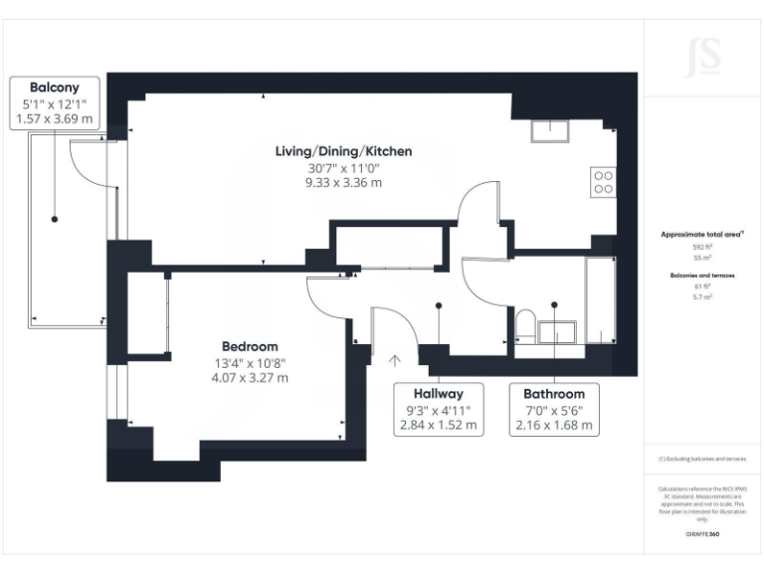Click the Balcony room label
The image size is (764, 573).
click(57, 87)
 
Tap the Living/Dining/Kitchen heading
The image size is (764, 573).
click(343, 151)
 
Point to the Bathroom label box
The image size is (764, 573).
click(554, 409)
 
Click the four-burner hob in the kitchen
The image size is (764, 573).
click(603, 181)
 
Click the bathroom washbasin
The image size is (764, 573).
click(557, 332)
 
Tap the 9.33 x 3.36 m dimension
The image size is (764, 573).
click(343, 183)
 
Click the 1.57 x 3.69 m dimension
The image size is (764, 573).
click(57, 118)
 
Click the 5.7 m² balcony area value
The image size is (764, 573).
click(703, 296)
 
